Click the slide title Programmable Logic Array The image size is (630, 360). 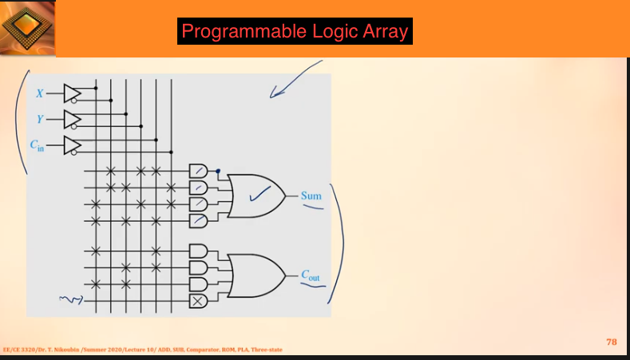(295, 32)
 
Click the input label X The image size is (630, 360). (40, 93)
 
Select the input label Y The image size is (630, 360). (39, 119)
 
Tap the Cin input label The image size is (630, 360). (38, 145)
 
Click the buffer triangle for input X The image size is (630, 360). (72, 93)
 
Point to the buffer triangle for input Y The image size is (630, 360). (72, 119)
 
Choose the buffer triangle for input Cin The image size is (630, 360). (72, 144)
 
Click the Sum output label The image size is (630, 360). (311, 195)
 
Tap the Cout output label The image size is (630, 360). (311, 275)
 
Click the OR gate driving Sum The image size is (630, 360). (257, 195)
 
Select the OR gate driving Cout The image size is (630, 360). (257, 275)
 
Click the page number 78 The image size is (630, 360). (612, 342)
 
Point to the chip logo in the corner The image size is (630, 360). (27, 29)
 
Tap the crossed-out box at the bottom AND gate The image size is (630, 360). (197, 300)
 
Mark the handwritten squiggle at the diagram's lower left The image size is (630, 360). (70, 300)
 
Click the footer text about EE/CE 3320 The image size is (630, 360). (142, 349)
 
